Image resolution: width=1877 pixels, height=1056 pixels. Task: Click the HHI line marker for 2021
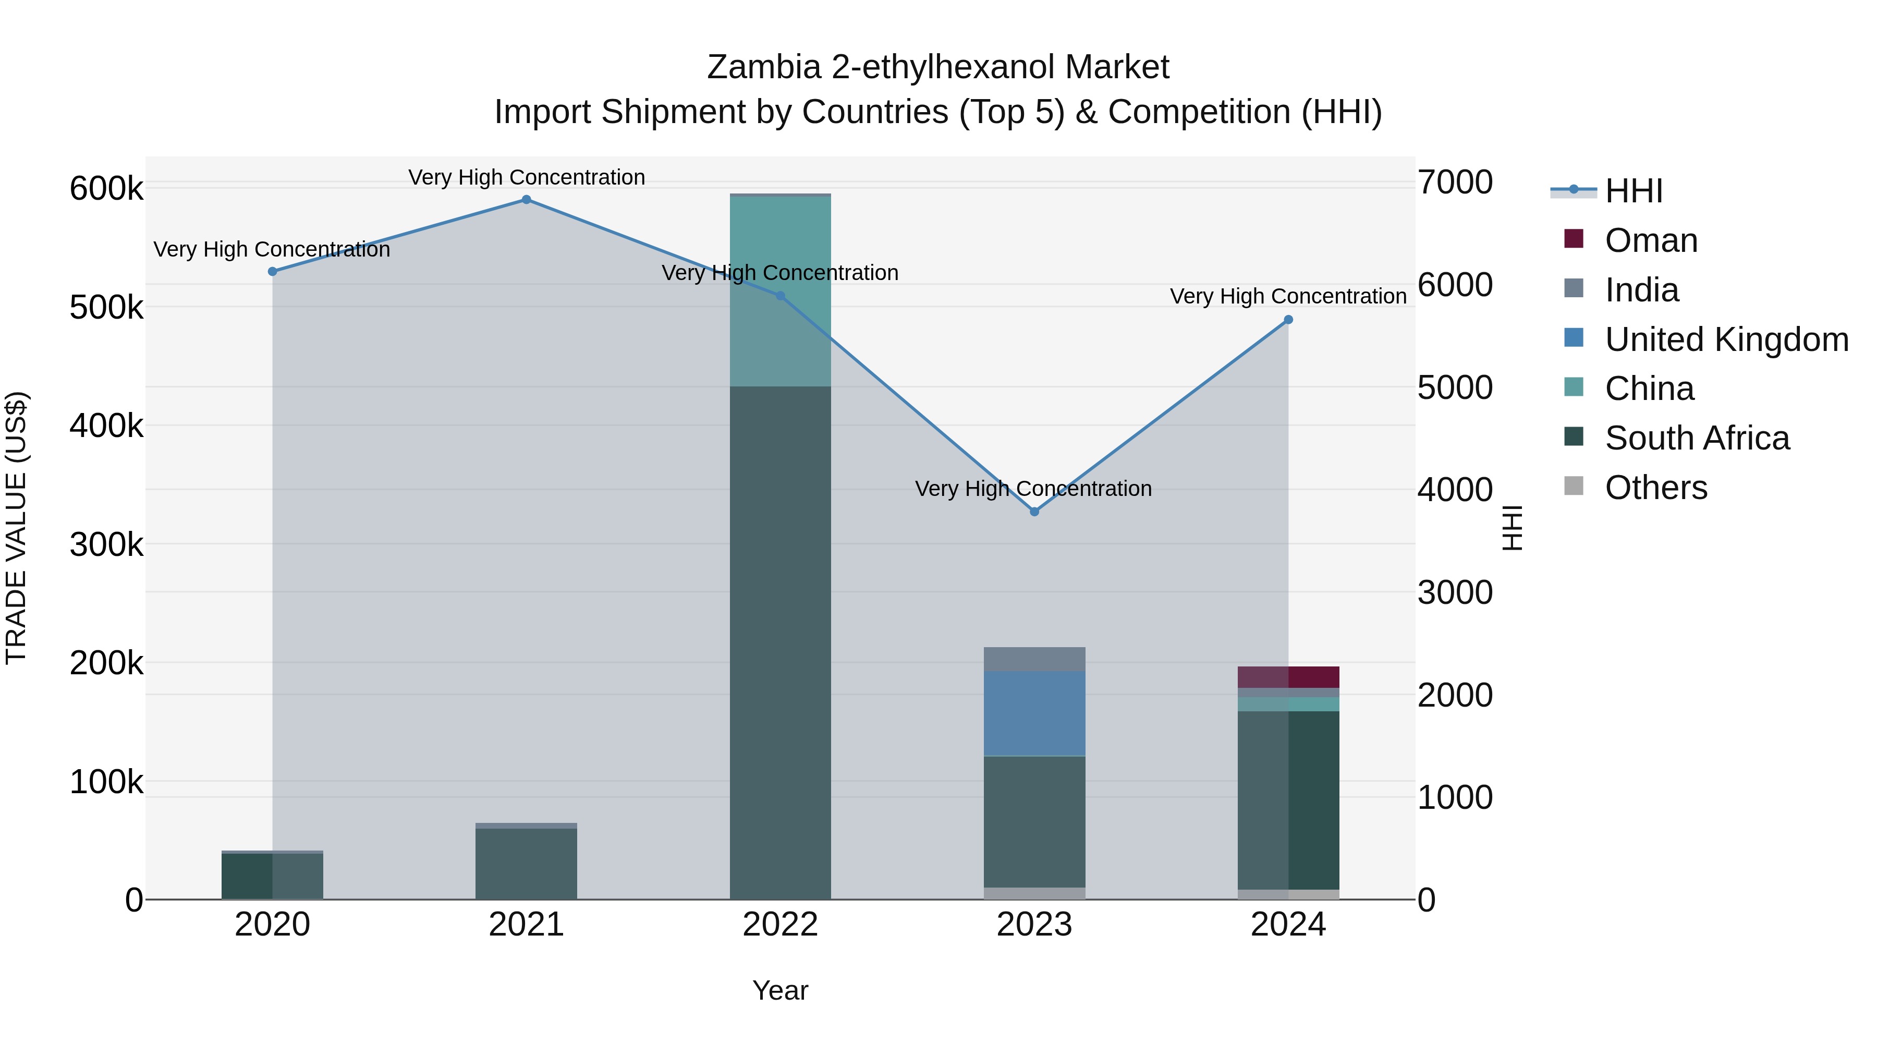[x=526, y=200]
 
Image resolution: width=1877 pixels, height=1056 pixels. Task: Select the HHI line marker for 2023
[x=1034, y=512]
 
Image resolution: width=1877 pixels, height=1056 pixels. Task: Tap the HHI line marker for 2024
[x=1288, y=320]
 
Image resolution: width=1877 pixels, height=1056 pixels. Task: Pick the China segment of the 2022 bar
[x=781, y=292]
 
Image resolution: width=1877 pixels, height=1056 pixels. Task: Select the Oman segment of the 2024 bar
[x=1288, y=677]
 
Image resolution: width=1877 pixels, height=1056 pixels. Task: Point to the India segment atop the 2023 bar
[x=1034, y=659]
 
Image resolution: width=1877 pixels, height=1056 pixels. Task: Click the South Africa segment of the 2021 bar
[x=526, y=864]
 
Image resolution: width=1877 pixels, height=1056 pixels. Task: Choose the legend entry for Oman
[x=1650, y=240]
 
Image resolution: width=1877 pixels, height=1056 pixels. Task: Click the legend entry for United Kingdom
[x=1725, y=339]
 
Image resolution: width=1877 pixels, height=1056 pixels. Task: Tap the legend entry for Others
[x=1655, y=488]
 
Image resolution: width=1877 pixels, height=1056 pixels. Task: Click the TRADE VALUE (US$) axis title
[x=16, y=528]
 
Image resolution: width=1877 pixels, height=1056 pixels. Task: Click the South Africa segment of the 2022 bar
[x=781, y=641]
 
